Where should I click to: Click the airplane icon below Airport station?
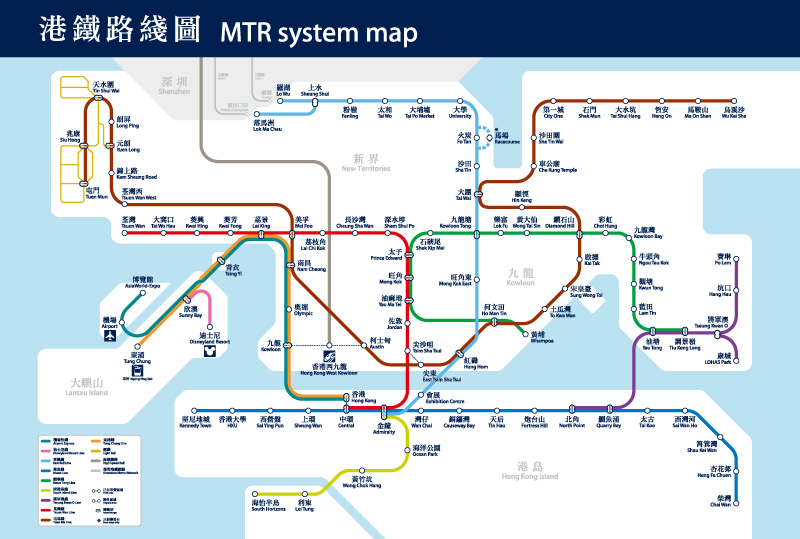(x=109, y=336)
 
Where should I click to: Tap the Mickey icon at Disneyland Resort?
(x=208, y=351)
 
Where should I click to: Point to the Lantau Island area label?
(x=88, y=386)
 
